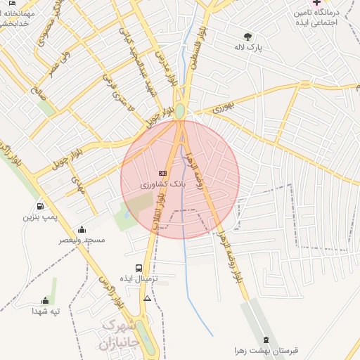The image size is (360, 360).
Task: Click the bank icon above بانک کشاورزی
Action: (163, 172)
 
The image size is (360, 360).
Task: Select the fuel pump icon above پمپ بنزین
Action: (40, 207)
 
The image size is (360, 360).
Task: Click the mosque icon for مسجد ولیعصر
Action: (82, 229)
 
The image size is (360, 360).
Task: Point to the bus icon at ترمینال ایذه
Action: (139, 268)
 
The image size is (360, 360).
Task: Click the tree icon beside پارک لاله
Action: (247, 37)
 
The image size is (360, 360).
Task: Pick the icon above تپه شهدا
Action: (46, 300)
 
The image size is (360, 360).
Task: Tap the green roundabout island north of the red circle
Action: (180, 111)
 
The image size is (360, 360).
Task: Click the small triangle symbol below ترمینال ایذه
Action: (147, 299)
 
